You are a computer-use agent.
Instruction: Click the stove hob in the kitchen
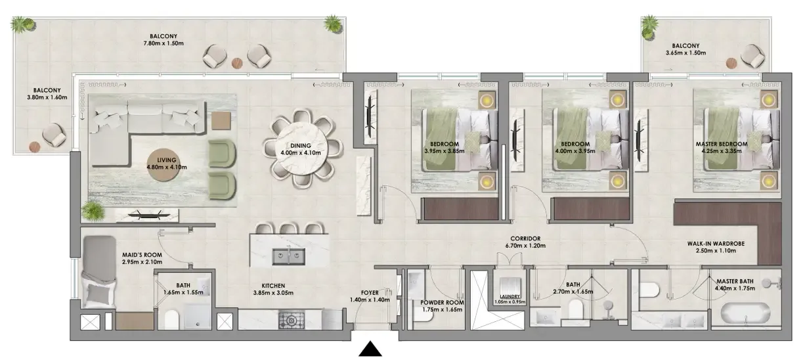pos(289,321)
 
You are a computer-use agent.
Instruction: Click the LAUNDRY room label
pos(510,296)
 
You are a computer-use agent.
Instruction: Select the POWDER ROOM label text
pos(441,303)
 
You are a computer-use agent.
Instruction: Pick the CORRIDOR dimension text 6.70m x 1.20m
pos(525,246)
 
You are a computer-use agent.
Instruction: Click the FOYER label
pos(370,292)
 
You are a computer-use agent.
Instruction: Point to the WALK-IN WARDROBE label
pos(721,243)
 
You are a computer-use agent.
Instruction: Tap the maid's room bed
pos(98,273)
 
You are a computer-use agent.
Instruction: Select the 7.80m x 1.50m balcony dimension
pos(163,44)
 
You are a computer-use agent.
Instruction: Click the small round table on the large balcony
pos(236,63)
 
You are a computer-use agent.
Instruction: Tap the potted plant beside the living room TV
pos(94,212)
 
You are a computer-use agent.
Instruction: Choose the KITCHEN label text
pos(272,286)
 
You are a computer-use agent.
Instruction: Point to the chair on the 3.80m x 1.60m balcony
pos(53,135)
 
